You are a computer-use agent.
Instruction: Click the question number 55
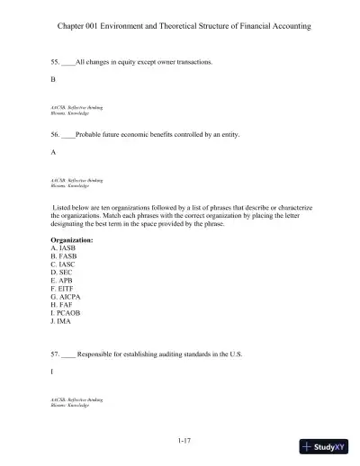[x=56, y=62]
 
